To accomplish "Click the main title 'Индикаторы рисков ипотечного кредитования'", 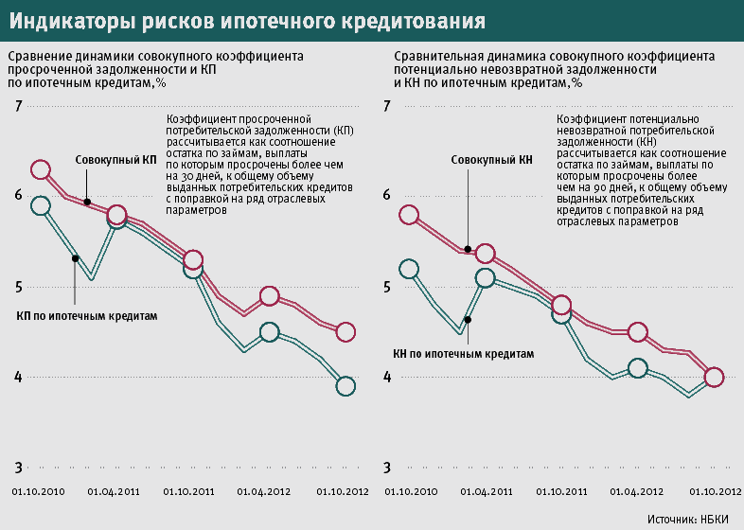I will coord(250,20).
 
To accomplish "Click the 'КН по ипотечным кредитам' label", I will coord(463,353).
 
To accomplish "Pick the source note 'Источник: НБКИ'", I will coord(690,519).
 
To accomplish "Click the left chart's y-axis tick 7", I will coord(17,106).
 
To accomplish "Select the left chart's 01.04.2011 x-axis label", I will coord(115,492).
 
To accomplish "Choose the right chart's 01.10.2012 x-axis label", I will coord(714,492).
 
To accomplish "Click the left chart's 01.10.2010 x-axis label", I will coord(38,492).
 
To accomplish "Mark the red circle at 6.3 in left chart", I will coord(40,170).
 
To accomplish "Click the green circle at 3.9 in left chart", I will coord(345,386).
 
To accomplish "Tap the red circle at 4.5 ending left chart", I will coord(345,331).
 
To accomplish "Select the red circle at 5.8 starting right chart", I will coord(409,215).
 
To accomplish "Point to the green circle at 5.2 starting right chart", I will coord(409,270).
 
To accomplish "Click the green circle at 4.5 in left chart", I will coord(269,332).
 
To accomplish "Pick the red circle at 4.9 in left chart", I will coord(269,296).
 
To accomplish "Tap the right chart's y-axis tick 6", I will coord(386,195).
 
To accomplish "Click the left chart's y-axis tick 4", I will coord(17,378).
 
